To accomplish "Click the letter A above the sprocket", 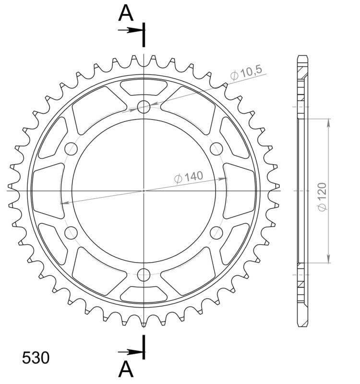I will tap(126, 13).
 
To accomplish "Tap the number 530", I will tap(35, 358).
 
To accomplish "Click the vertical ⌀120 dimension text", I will tap(322, 196).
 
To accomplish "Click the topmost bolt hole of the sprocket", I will tap(144, 107).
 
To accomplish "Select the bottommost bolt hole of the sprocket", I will tap(144, 275).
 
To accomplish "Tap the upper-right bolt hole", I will tap(216, 148).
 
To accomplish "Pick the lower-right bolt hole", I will tap(216, 233).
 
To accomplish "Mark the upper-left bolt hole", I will tap(71, 148).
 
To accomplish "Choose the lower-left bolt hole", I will tap(71, 233).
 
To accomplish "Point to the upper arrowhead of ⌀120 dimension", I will tap(328, 122).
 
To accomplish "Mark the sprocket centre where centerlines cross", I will tap(144, 191).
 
